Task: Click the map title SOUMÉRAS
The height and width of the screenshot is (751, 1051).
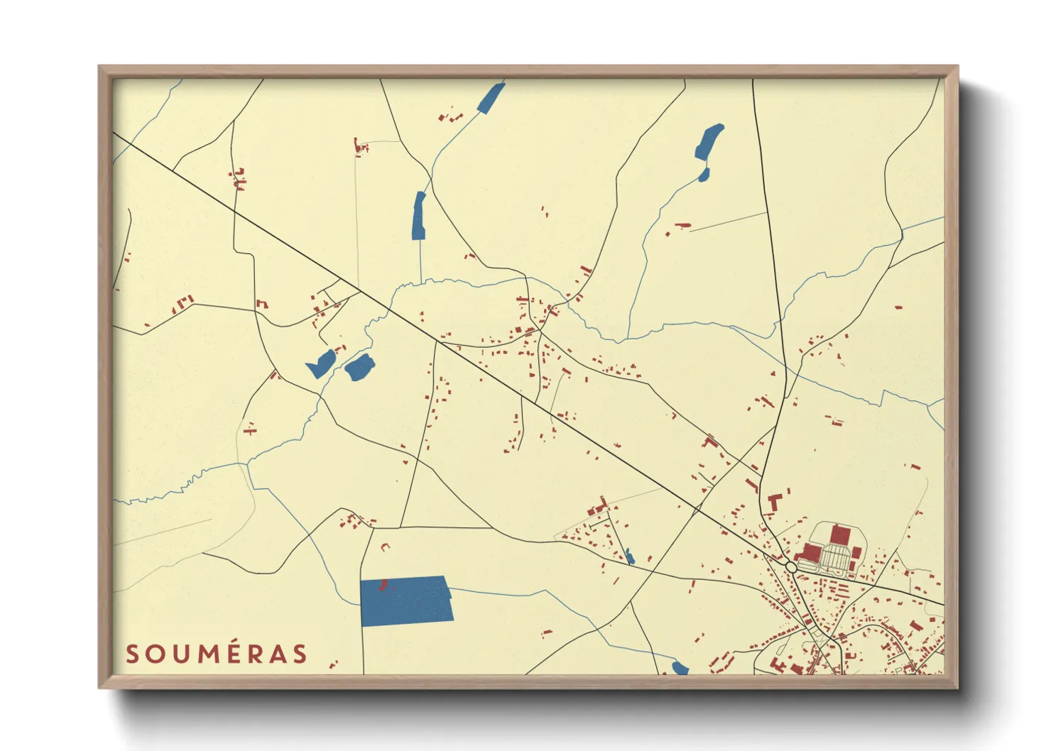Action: tap(217, 654)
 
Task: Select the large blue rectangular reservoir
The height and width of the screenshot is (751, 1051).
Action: tap(406, 601)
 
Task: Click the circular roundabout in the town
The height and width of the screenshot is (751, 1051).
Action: tap(791, 567)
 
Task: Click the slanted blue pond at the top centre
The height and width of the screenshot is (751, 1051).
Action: tap(491, 98)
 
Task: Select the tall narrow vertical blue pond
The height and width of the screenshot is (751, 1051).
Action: tap(419, 216)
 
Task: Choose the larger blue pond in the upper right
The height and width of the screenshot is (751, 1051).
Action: tap(709, 141)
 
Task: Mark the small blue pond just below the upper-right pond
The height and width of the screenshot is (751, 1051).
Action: tap(703, 175)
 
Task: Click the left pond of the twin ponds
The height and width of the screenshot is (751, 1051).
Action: tap(321, 363)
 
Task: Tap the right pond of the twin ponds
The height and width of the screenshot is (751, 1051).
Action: tap(359, 368)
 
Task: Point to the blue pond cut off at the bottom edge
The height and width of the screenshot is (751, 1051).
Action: tap(680, 668)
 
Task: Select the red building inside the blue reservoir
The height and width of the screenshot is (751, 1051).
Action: tap(383, 585)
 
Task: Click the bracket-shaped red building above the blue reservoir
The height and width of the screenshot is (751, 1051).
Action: tap(386, 547)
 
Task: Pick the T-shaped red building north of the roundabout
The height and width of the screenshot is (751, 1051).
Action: tap(775, 500)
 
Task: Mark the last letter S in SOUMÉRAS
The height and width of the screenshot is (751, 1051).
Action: tap(300, 654)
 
